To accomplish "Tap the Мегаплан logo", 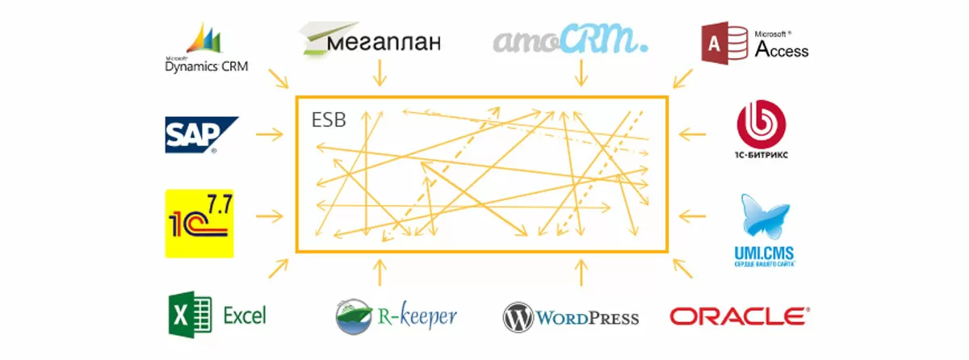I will click(371, 38).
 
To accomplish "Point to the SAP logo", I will click(201, 135).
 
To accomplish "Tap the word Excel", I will click(244, 316).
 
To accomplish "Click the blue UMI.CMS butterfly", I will click(758, 218).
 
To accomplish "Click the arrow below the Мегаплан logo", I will click(378, 74).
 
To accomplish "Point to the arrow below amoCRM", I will click(579, 74).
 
